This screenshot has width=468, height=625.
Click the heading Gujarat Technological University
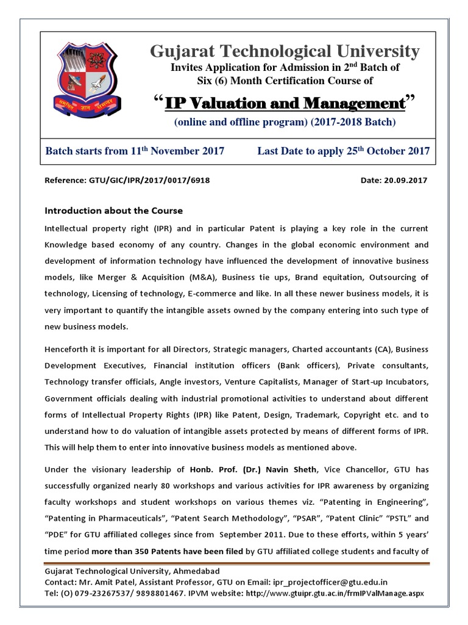tap(285, 51)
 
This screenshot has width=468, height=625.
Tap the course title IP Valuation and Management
tap(285, 102)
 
